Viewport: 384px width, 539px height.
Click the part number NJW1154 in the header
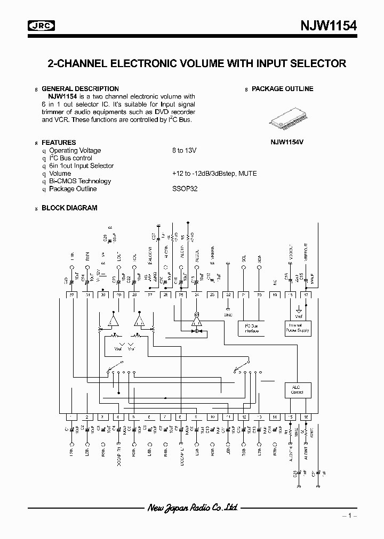[325, 26]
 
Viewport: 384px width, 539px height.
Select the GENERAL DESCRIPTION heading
[80, 89]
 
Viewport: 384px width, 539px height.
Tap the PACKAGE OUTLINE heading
[282, 89]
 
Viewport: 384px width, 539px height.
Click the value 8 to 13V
[185, 151]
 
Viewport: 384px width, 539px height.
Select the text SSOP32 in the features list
[185, 189]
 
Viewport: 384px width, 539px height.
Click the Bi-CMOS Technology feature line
[80, 181]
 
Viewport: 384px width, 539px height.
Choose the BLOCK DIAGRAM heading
[69, 208]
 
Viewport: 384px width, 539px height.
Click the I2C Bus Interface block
[251, 328]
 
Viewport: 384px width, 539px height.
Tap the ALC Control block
[297, 389]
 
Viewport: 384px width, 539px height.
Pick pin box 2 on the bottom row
[87, 417]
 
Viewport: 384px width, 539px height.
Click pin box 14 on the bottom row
[275, 417]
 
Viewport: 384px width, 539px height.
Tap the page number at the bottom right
[349, 516]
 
